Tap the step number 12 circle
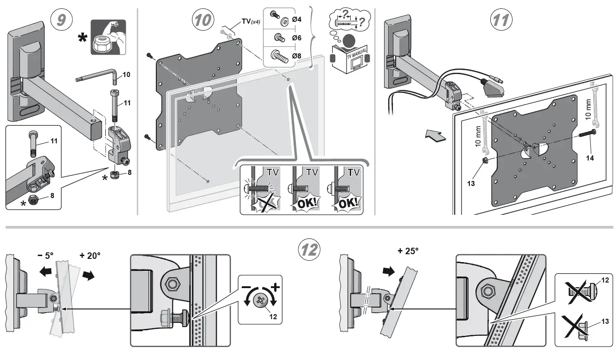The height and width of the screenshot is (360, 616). [x=308, y=251]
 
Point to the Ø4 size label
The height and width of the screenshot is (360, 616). [x=297, y=19]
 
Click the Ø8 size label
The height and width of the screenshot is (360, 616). [x=297, y=56]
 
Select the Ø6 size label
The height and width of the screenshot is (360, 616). [x=297, y=37]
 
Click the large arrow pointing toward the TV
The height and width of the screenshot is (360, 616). [x=436, y=135]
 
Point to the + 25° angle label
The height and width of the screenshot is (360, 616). [x=408, y=251]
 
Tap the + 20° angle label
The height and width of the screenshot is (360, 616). [x=90, y=255]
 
